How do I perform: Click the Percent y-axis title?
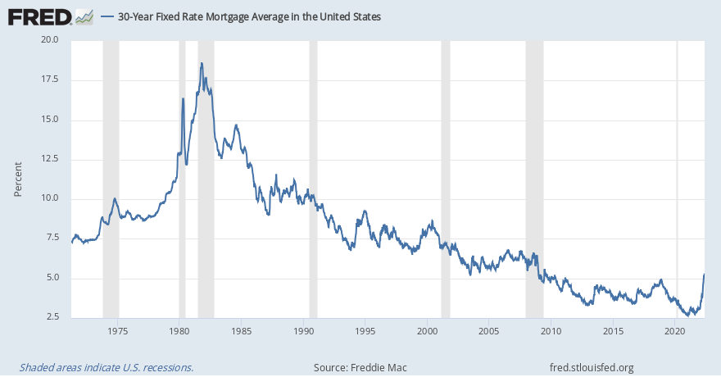(18, 179)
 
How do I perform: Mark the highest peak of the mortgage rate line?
(201, 63)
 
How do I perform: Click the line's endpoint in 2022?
(704, 275)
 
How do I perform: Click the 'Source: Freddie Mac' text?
(360, 367)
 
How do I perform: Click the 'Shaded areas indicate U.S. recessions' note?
(106, 367)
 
